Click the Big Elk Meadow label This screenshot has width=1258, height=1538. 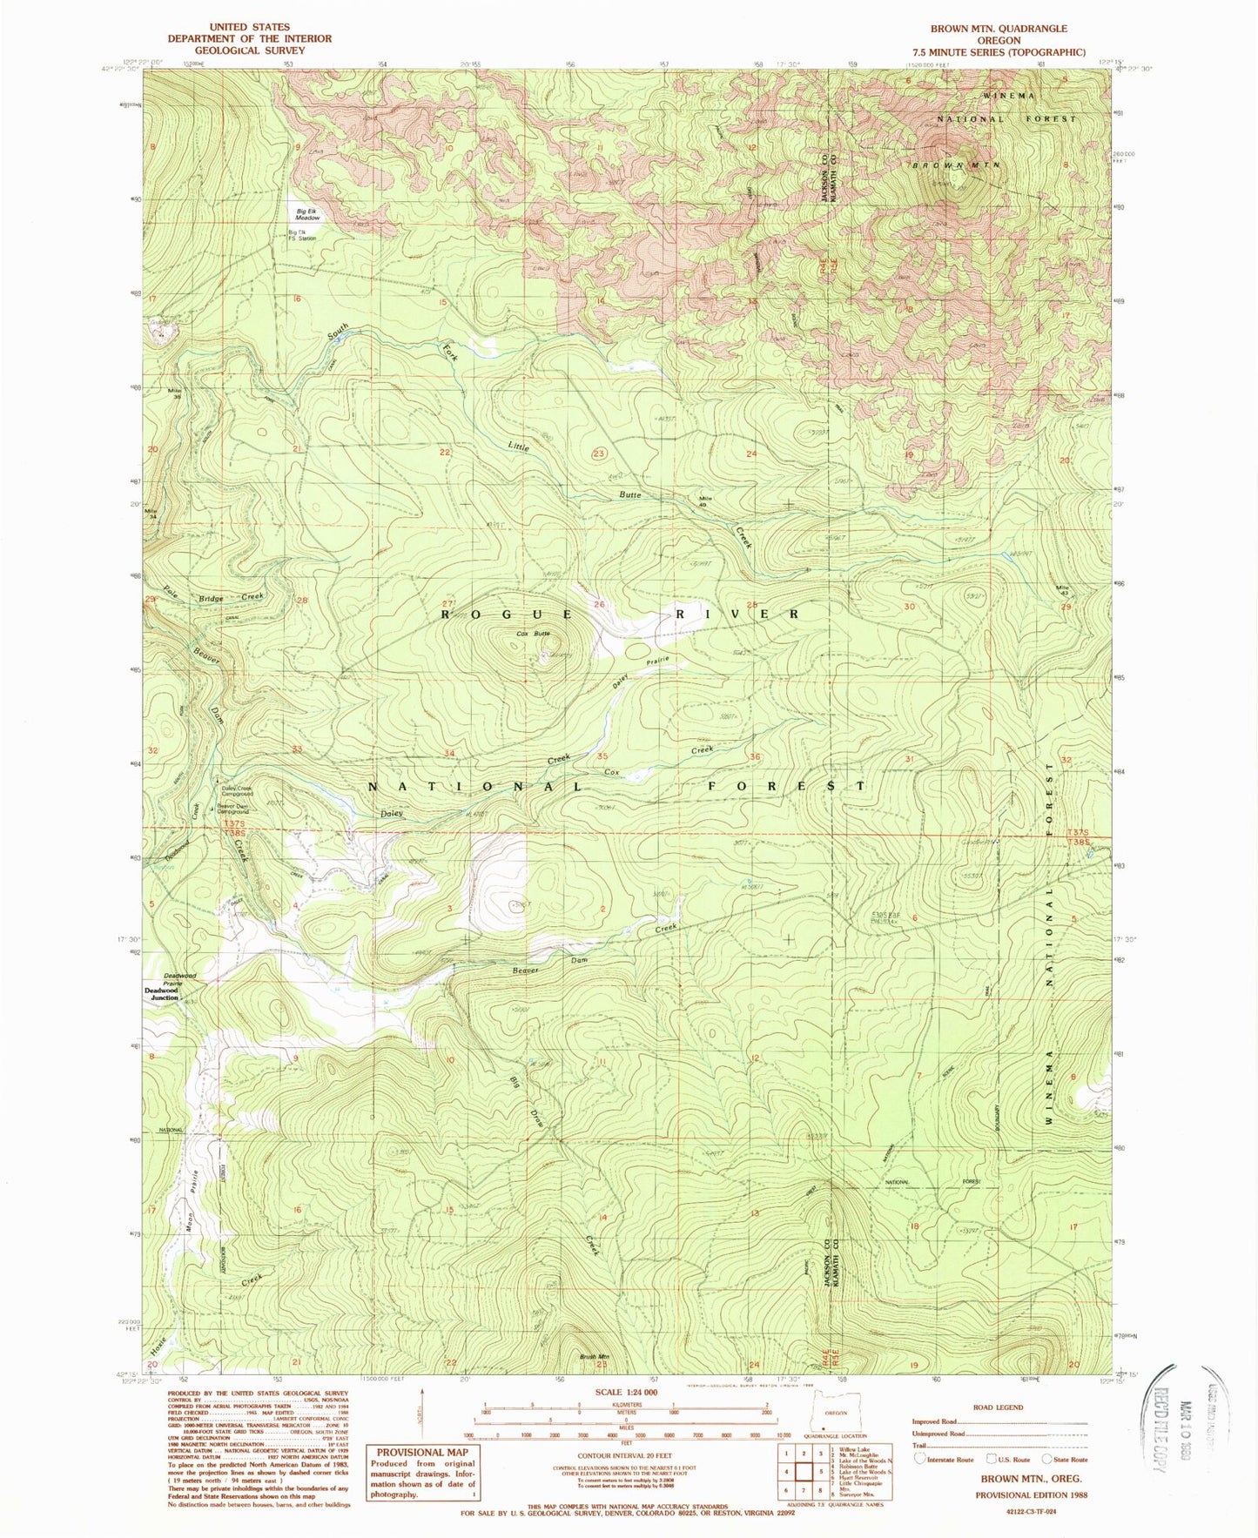pos(306,214)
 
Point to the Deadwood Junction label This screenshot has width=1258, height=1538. pos(161,993)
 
